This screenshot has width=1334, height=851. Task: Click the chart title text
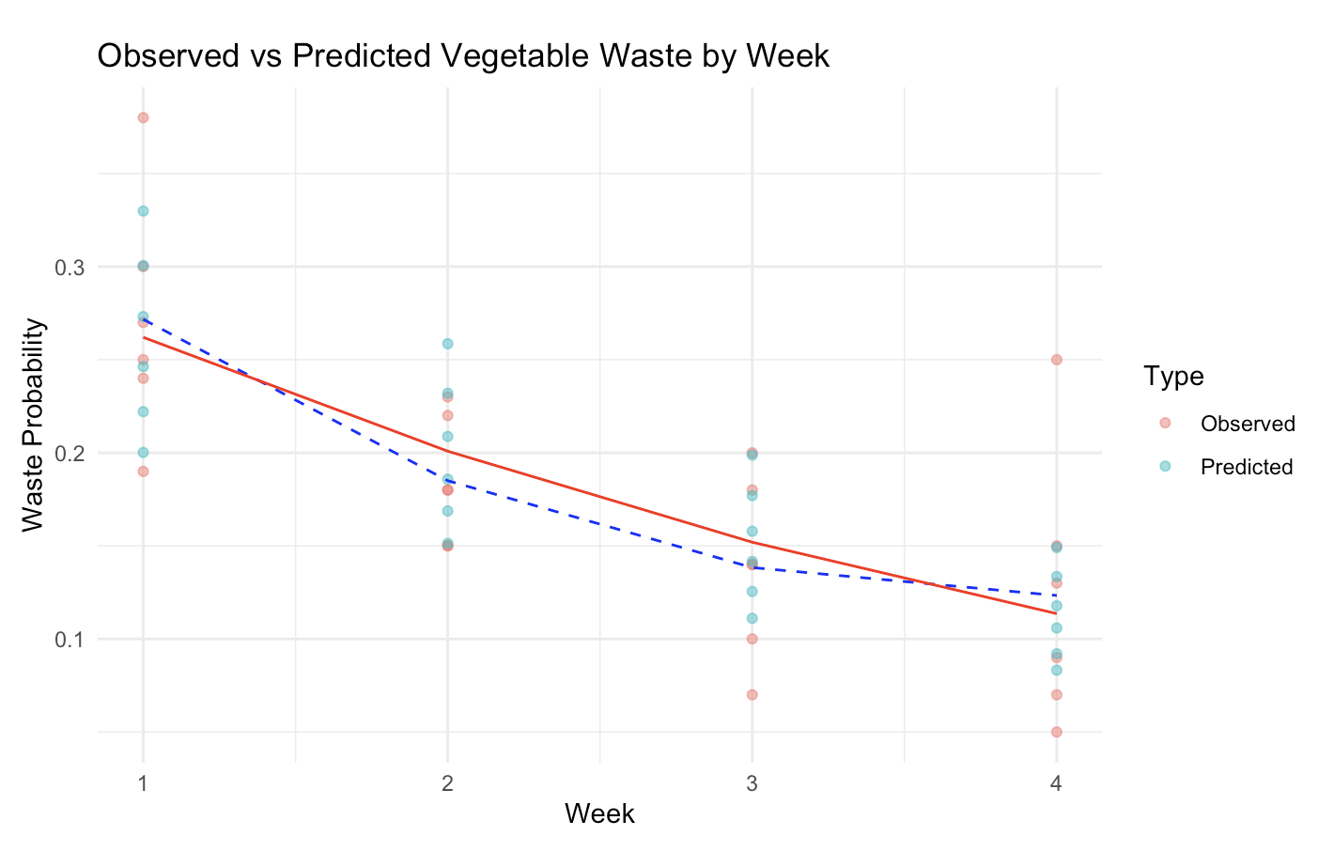(x=463, y=56)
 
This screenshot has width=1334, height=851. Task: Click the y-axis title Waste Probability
(x=34, y=425)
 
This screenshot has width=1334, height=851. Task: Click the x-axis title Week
(x=599, y=813)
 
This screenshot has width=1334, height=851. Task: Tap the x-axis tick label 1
(x=143, y=782)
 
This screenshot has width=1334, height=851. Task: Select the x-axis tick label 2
(x=447, y=782)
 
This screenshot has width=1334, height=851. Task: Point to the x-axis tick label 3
(x=752, y=782)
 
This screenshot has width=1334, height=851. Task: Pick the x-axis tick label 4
(x=1056, y=782)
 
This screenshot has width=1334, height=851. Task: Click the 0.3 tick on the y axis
(x=68, y=268)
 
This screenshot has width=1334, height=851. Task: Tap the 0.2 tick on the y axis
(x=68, y=454)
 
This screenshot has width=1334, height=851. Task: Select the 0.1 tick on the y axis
(x=68, y=640)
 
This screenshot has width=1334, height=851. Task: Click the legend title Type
(x=1174, y=377)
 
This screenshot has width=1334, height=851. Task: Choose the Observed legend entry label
(x=1248, y=424)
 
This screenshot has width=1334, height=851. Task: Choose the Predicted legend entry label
(x=1247, y=467)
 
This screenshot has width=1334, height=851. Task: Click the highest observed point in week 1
(x=143, y=117)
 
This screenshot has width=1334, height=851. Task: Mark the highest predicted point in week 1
(x=143, y=210)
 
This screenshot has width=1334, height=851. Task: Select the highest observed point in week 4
(x=1056, y=360)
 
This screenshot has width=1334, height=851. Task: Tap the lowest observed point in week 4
(x=1056, y=732)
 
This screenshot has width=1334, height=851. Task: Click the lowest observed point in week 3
(x=752, y=694)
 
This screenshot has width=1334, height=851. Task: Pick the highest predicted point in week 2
(x=447, y=344)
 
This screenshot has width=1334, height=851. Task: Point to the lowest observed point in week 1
(x=143, y=472)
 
